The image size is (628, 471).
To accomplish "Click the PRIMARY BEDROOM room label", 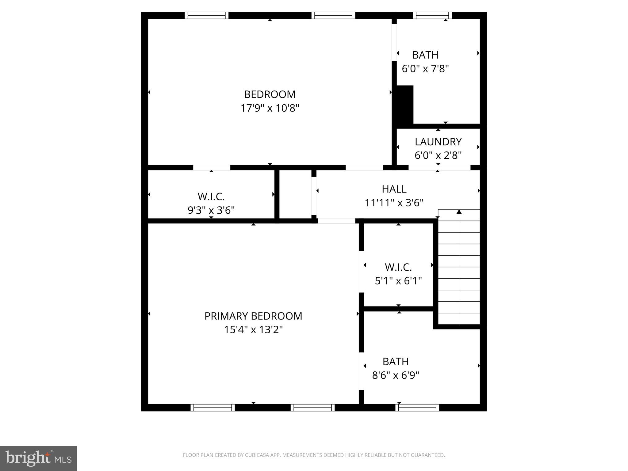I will click(253, 316).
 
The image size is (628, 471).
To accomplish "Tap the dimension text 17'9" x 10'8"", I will click(270, 108).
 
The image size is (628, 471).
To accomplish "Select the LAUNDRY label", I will click(438, 142).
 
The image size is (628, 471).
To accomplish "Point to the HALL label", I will click(394, 189).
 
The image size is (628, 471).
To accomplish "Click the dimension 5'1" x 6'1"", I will click(398, 281).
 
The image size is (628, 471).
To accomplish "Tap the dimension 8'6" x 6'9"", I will click(396, 375).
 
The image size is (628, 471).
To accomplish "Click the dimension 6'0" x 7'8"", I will click(425, 68).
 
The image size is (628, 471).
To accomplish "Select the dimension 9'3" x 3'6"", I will click(211, 210).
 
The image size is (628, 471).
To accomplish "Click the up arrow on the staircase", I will click(459, 212).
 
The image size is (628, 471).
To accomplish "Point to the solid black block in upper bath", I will click(405, 104).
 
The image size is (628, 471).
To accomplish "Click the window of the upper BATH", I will click(432, 15).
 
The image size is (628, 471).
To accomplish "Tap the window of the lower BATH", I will click(417, 408).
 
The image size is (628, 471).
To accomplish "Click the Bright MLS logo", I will click(38, 458).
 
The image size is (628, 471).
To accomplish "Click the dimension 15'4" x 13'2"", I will click(253, 330).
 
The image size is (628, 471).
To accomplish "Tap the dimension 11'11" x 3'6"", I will click(394, 203).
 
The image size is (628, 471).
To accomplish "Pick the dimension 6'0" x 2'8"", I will click(438, 155).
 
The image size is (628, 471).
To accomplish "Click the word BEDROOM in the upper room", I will click(270, 94).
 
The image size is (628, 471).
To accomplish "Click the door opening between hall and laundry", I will click(439, 168).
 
